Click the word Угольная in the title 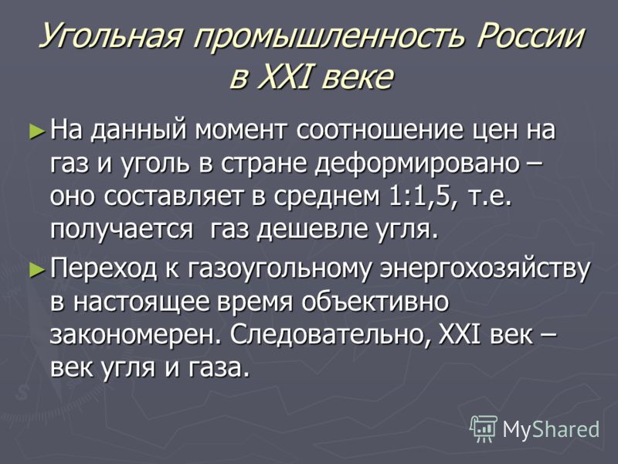[x=111, y=36]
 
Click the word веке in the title [x=358, y=76]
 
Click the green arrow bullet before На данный [x=37, y=131]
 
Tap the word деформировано [x=417, y=164]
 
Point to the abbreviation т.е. [x=487, y=197]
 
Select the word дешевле [x=310, y=230]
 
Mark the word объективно [x=375, y=302]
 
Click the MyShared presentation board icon [x=484, y=428]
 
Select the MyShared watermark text [x=551, y=428]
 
